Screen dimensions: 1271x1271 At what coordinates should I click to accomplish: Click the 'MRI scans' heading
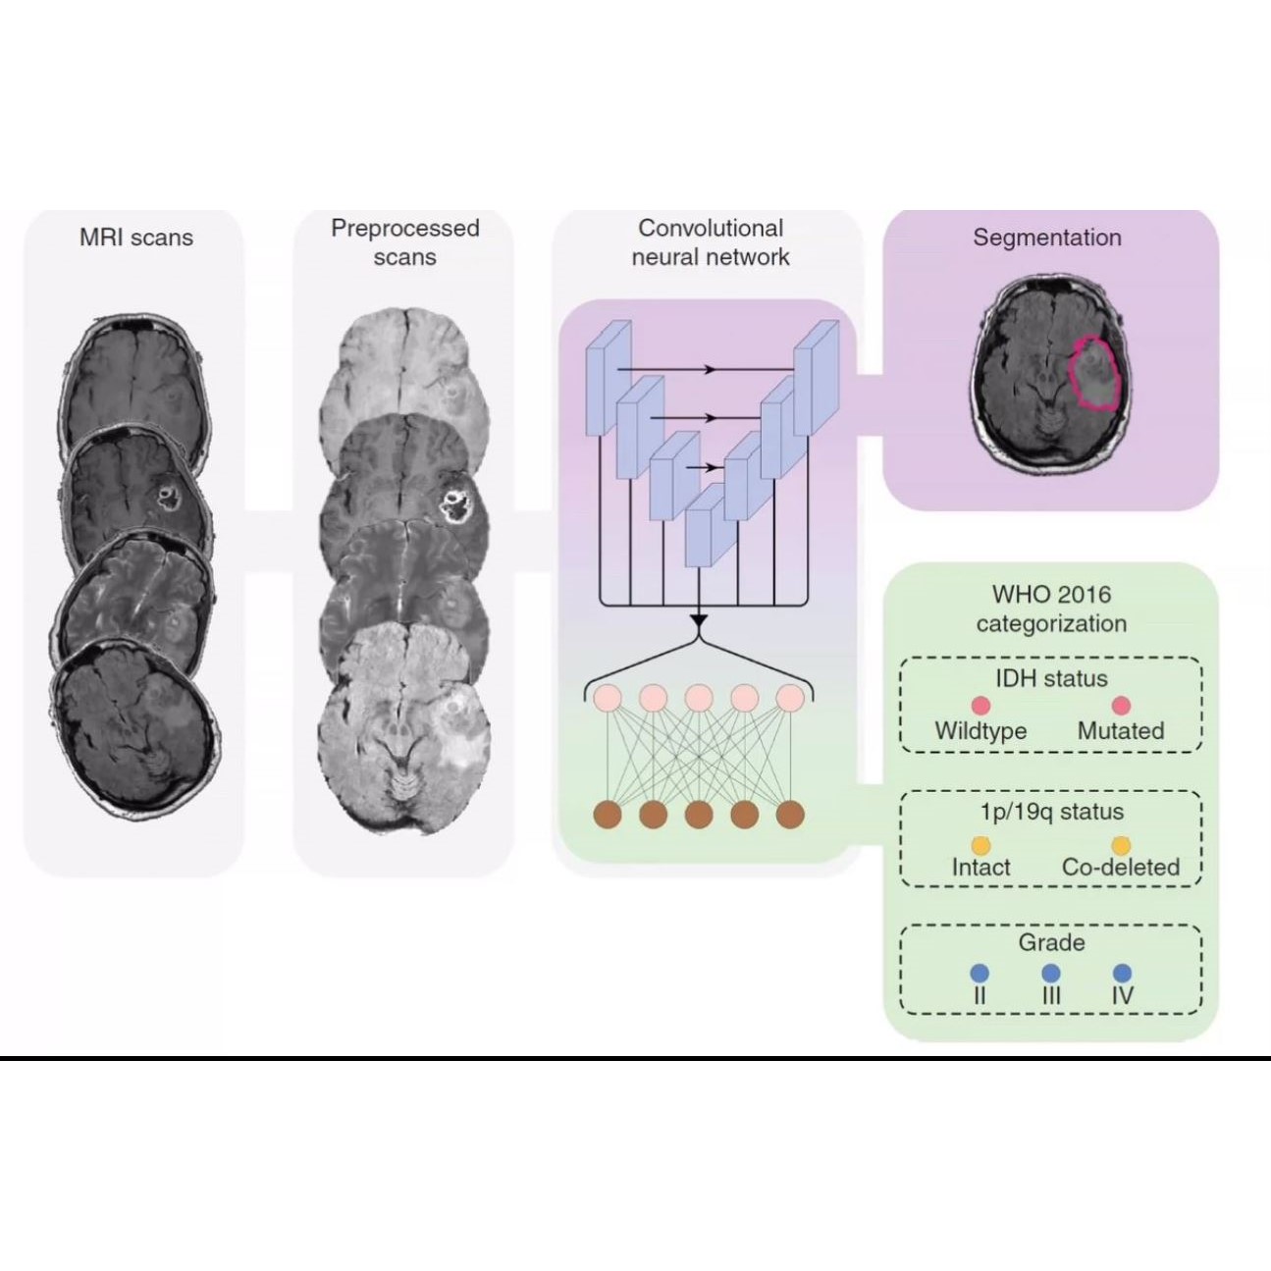[136, 238]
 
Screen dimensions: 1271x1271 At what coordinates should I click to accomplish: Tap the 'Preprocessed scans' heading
[404, 242]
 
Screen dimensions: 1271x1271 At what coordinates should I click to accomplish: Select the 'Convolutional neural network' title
[711, 242]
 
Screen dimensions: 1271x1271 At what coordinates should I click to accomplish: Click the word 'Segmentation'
[1046, 238]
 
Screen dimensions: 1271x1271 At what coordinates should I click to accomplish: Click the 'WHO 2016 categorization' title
[1051, 609]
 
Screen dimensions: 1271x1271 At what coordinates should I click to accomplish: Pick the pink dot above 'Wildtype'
[980, 706]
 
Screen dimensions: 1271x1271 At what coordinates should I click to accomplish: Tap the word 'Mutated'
[1121, 731]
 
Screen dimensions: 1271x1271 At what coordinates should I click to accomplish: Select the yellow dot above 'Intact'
[980, 845]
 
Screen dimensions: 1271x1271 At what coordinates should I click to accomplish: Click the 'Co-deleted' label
[1121, 868]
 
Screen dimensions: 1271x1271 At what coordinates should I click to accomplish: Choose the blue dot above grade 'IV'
[1123, 974]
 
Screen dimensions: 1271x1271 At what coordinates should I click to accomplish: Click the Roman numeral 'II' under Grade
[980, 995]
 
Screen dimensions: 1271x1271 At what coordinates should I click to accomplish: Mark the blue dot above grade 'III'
[1051, 974]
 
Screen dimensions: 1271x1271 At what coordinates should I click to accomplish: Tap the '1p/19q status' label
[1051, 812]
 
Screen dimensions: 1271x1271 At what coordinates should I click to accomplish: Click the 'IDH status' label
[1051, 678]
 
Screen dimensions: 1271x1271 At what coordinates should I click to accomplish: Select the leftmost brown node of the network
[609, 814]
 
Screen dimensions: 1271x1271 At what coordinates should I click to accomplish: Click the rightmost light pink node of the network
[790, 698]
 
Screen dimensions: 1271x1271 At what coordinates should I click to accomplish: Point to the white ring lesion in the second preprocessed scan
[454, 506]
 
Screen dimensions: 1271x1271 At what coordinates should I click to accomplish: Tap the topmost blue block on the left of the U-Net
[608, 378]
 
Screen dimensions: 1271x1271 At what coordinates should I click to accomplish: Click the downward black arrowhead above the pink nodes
[698, 621]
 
